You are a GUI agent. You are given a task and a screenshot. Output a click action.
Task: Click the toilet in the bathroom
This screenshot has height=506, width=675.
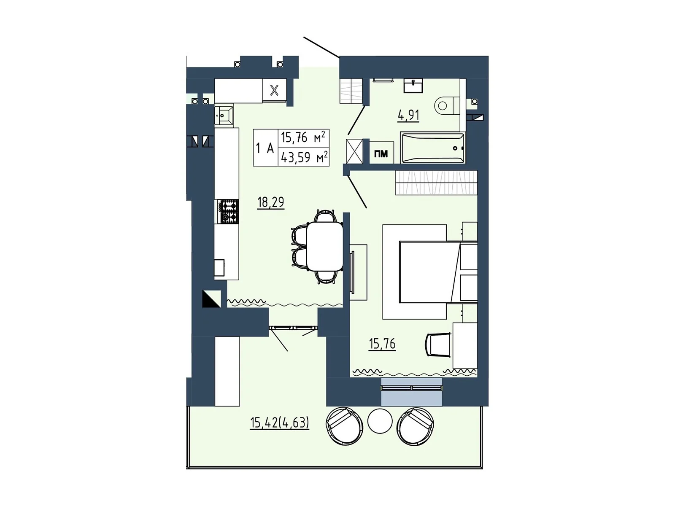point(447,105)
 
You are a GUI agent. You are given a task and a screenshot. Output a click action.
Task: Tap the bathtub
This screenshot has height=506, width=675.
point(432,148)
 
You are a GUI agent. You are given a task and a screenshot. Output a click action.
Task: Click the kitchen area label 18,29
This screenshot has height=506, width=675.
point(270,202)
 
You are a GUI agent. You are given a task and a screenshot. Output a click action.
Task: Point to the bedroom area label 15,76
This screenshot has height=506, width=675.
point(382,344)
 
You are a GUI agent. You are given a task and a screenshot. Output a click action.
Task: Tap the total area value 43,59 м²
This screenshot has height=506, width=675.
point(304,157)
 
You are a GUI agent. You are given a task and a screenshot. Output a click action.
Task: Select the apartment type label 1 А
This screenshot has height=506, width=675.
point(265,148)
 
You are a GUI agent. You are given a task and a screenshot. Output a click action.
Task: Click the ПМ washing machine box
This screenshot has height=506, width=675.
point(381,153)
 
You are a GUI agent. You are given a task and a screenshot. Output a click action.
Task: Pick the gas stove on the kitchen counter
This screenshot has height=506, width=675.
point(228,211)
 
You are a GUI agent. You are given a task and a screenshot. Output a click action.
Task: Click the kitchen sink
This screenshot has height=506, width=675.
point(224,115)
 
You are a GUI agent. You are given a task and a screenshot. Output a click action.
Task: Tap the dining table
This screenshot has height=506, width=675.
point(324,246)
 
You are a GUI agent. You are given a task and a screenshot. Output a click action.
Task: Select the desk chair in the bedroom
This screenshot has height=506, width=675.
point(438,345)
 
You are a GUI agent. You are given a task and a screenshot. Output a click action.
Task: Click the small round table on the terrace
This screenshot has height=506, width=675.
point(380,421)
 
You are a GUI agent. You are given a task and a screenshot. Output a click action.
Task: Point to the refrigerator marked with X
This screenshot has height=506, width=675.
point(274,90)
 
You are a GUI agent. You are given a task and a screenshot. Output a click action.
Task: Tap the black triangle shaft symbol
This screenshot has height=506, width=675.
point(211,299)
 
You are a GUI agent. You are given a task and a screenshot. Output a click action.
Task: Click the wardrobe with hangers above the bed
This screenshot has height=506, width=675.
point(436,183)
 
